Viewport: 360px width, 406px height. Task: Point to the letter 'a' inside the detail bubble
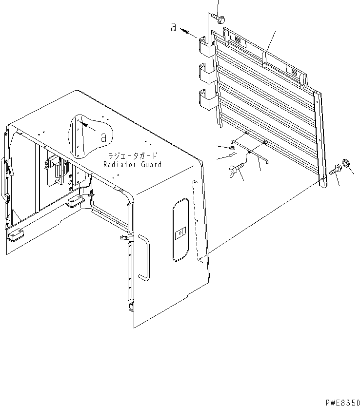click(103, 137)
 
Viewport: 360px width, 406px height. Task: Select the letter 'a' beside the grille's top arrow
click(174, 27)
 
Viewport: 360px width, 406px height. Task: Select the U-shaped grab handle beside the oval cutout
click(143, 257)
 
